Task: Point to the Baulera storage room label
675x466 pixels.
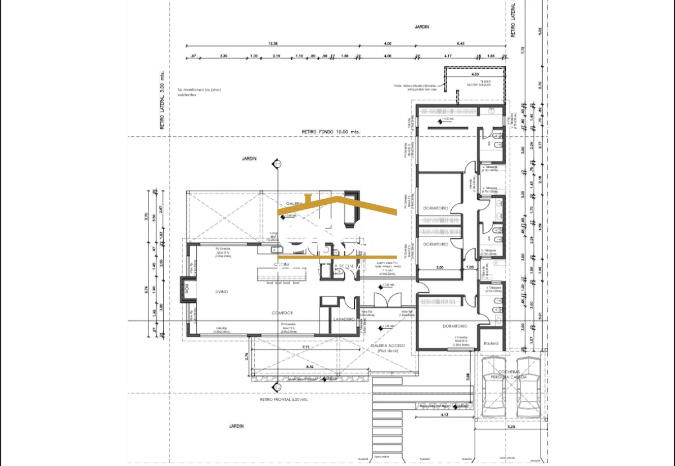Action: [491, 343]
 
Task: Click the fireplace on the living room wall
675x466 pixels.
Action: [184, 290]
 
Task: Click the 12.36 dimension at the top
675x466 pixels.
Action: [273, 44]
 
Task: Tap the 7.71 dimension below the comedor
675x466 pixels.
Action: [306, 348]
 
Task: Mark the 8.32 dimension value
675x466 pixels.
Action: [309, 367]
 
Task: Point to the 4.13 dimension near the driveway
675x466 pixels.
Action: [444, 415]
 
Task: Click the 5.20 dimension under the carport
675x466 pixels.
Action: [511, 428]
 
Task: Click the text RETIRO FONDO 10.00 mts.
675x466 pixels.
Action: [331, 132]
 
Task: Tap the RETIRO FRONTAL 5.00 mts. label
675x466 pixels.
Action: [284, 400]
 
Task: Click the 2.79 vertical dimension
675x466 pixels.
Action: [246, 356]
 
